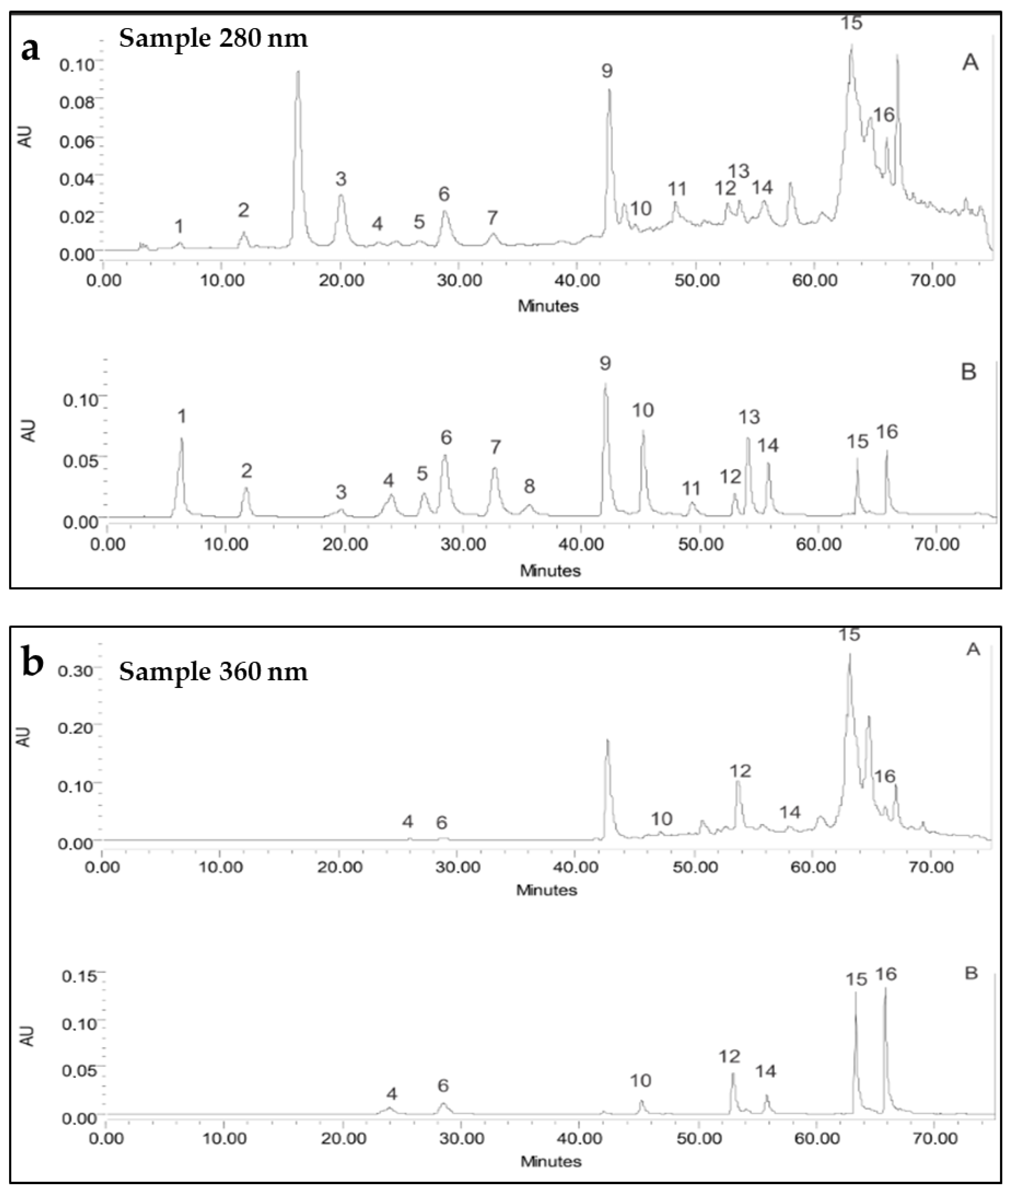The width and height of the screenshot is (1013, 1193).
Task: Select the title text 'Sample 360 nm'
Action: (x=213, y=671)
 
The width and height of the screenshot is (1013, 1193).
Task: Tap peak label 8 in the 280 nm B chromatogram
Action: (x=529, y=486)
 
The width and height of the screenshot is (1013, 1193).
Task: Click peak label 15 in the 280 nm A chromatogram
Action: (x=852, y=23)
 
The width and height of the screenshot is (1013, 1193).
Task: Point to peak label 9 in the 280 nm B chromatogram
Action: (x=605, y=363)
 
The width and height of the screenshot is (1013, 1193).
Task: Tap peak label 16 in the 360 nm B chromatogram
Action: (x=885, y=974)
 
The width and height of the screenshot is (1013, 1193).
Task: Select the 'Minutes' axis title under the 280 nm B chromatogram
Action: (x=550, y=571)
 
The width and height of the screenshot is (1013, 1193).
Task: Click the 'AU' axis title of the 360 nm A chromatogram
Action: (x=24, y=737)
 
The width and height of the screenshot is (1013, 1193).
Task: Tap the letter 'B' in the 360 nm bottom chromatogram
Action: (x=970, y=974)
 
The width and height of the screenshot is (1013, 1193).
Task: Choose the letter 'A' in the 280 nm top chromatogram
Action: (x=970, y=62)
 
